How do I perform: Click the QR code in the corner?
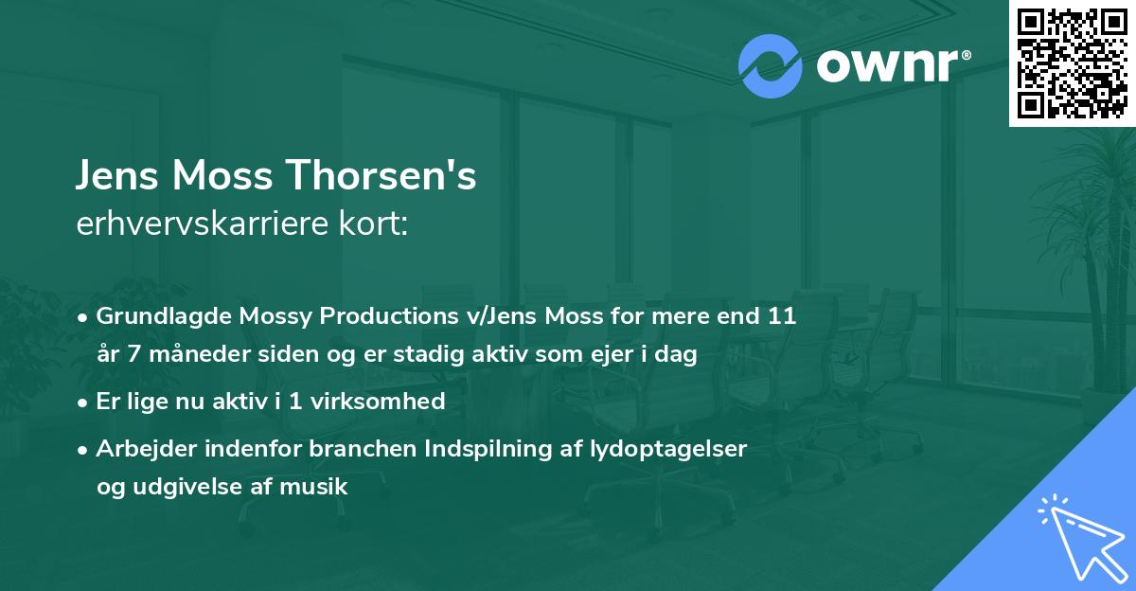coord(1072,63)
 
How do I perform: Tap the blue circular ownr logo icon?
coord(771,64)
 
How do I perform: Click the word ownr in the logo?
coord(885,64)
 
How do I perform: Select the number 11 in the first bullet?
coord(784,316)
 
